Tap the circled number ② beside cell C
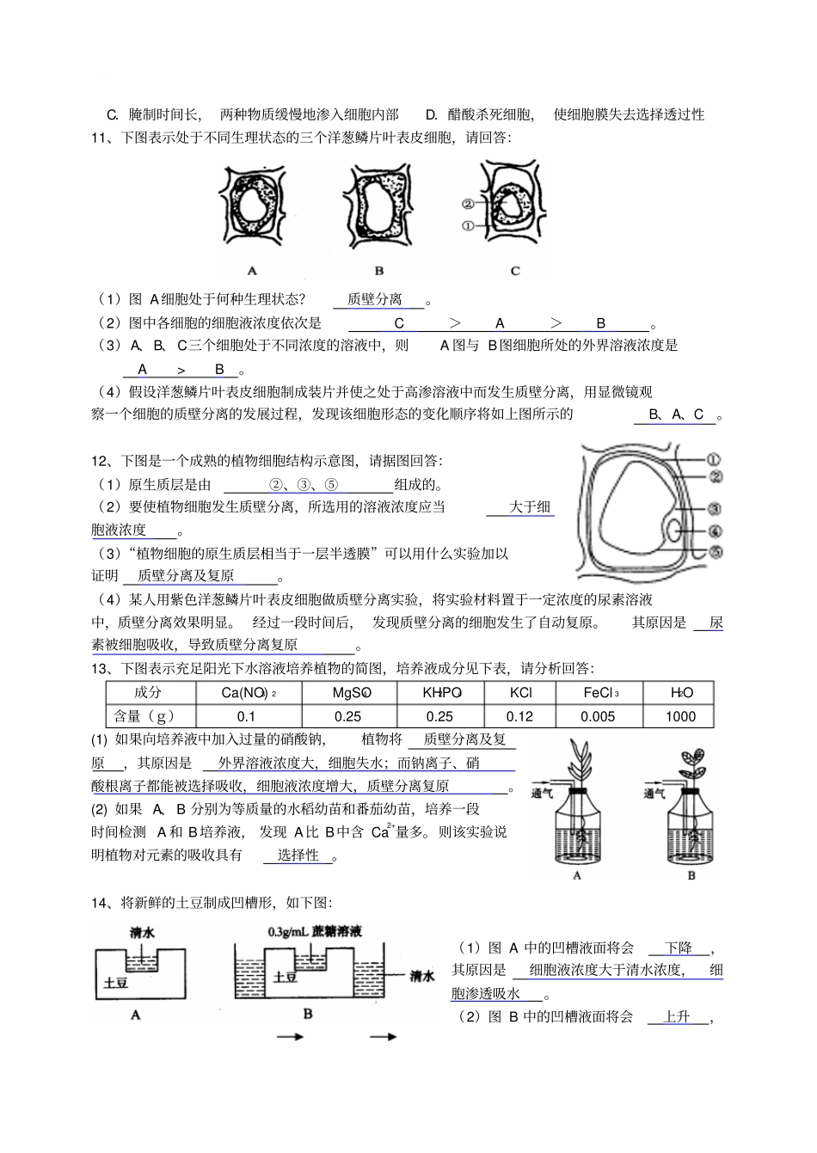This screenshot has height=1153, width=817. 468,204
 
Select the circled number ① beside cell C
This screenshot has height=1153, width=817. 468,225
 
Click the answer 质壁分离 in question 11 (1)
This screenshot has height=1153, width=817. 375,299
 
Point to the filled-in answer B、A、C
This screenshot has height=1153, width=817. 677,414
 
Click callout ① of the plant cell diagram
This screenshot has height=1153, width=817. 714,459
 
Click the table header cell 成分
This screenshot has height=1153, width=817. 148,692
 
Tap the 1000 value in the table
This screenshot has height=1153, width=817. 680,716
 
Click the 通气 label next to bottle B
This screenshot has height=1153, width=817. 654,794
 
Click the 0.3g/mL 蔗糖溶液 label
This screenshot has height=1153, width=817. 315,931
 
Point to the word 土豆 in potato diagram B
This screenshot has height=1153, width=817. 286,977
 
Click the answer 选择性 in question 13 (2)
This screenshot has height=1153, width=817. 298,855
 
